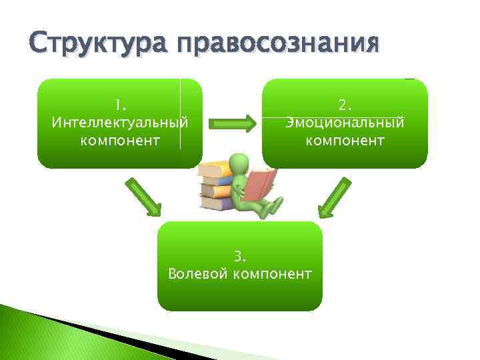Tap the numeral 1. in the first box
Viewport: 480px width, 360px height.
click(119, 105)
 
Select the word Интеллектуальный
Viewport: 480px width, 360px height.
click(119, 123)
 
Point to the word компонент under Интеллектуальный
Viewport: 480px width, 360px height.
click(119, 140)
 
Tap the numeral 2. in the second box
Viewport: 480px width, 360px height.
click(345, 105)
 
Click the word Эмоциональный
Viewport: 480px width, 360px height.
click(345, 123)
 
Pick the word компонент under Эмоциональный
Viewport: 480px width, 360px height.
click(345, 140)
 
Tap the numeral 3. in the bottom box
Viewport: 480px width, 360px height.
click(240, 256)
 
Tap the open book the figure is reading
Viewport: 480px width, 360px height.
click(259, 183)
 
